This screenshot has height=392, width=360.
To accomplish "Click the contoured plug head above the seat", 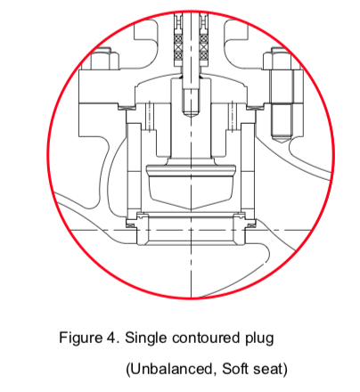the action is [191, 186].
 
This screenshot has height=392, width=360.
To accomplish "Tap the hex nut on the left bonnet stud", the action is [104, 59].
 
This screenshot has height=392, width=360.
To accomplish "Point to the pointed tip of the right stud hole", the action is [282, 143].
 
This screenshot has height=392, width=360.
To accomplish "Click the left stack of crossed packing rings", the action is [178, 47].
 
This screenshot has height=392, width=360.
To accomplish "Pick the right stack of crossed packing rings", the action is [204, 47].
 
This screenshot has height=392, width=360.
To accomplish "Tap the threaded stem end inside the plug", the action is [191, 102].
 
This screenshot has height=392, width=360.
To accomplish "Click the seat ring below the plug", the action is [191, 229].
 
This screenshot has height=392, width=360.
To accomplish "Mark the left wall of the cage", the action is [134, 170].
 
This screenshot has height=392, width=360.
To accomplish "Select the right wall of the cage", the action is [248, 170].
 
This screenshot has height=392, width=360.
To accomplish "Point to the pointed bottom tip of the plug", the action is [191, 210].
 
